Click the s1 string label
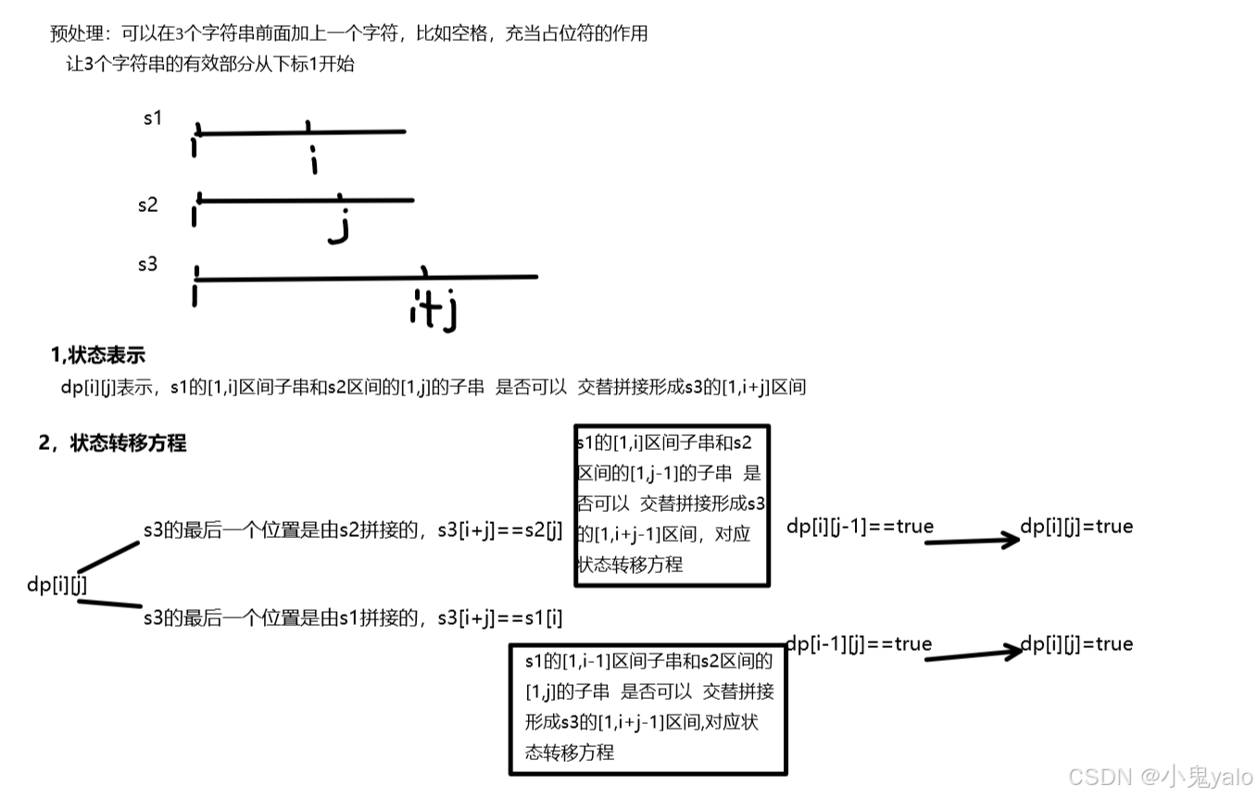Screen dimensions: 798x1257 click(x=153, y=118)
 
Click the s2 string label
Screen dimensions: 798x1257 click(x=148, y=205)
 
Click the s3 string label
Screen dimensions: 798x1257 click(x=147, y=265)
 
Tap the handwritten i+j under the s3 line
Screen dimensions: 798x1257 click(x=434, y=310)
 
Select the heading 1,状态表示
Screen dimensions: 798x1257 click(x=98, y=355)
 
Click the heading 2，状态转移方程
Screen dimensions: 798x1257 click(x=112, y=443)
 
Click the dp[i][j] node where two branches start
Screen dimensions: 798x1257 click(x=57, y=584)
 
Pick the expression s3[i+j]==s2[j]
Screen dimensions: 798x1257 click(x=500, y=530)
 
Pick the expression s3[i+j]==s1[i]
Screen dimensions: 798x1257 click(x=500, y=617)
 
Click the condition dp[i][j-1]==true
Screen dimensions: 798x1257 click(x=860, y=527)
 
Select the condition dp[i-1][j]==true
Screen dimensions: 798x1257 click(x=859, y=644)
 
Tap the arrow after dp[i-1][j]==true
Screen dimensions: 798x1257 click(x=972, y=655)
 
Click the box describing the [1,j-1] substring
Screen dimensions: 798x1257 click(x=671, y=505)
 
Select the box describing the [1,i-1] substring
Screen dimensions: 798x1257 click(x=647, y=707)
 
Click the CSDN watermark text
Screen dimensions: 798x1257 click(x=1160, y=776)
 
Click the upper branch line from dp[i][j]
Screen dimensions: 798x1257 click(x=108, y=556)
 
